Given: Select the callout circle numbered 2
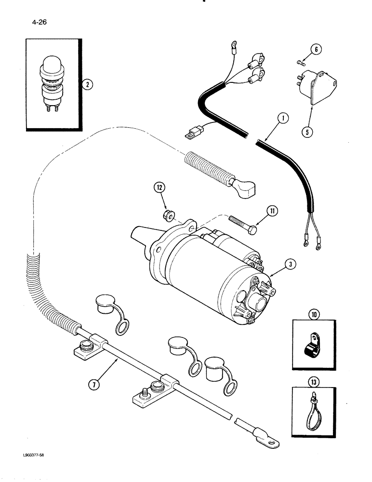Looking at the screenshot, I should tap(86, 85).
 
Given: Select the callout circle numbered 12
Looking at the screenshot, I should tap(160, 187).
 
